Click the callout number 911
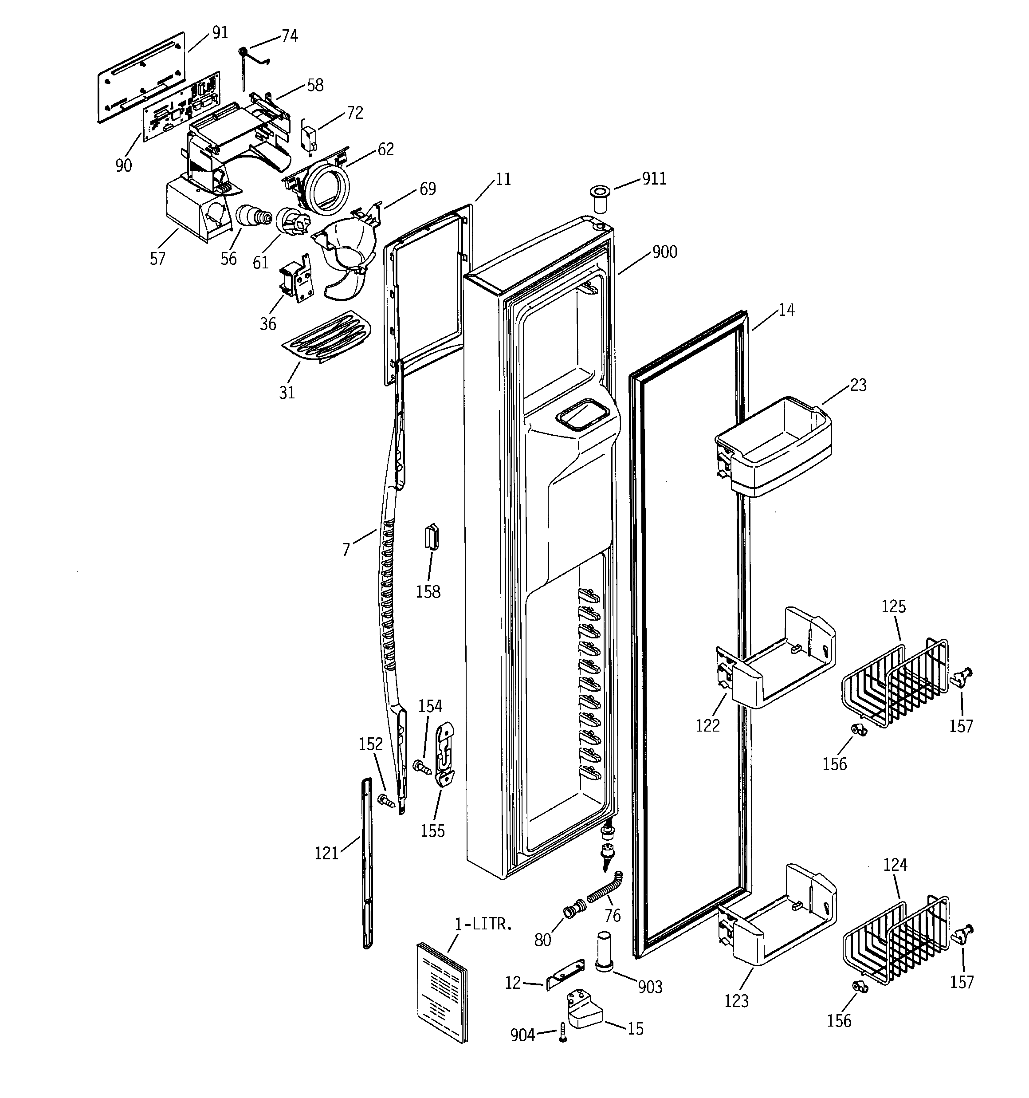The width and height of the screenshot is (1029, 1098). pos(654,179)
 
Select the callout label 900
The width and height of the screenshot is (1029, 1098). pos(664,252)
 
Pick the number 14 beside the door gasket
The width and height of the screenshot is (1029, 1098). pos(786,311)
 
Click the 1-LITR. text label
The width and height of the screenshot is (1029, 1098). pos(483,924)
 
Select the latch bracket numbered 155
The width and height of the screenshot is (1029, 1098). pos(446,755)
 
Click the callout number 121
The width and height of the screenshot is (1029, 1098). pos(326,853)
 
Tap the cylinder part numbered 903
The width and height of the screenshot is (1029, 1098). pos(605,951)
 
